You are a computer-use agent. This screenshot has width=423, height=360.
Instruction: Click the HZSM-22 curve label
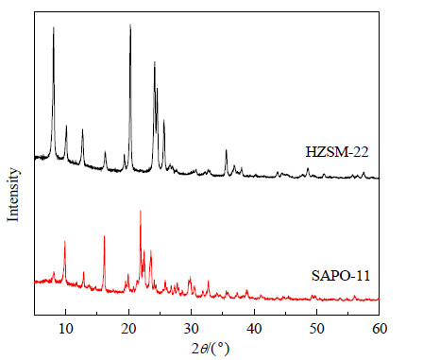337,152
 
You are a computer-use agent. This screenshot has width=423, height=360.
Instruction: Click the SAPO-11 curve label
341,276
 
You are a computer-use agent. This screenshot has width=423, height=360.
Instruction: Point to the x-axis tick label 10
66,329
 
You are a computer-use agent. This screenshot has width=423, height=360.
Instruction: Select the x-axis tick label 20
128,329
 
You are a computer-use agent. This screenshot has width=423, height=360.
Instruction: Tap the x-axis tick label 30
192,329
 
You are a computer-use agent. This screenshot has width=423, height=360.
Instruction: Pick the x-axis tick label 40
254,329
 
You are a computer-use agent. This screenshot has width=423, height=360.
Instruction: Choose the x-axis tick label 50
316,329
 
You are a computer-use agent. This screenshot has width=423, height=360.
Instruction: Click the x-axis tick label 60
380,329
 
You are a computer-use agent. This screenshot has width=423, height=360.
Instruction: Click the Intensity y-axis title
13,195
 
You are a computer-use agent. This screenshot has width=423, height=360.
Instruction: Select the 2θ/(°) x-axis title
211,349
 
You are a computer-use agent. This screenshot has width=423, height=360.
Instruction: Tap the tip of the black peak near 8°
54,27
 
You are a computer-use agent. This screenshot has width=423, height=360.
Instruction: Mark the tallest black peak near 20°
130,25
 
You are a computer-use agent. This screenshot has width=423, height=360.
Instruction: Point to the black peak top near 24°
155,61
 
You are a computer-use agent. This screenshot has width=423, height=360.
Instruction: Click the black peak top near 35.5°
226,150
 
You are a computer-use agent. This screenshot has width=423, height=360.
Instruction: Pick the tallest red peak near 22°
141,211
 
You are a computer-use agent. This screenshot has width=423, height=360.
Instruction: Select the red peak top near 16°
104,236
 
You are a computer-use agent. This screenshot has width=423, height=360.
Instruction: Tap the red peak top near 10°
65,241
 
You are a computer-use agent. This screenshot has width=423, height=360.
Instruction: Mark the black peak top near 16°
105,151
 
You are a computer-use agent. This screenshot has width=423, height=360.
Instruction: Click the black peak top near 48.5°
308,168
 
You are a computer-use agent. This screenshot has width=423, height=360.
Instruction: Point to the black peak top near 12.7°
83,129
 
